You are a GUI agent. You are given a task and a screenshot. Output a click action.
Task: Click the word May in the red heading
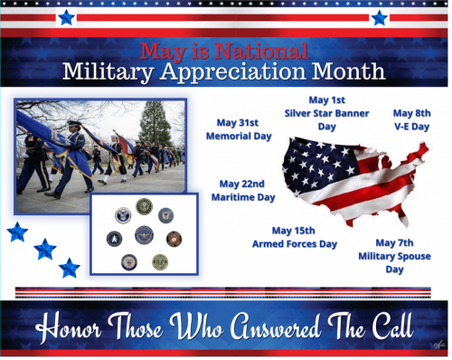(162, 51)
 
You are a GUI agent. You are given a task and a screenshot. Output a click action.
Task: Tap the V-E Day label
(411, 127)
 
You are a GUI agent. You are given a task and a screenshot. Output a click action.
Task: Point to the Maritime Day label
(242, 196)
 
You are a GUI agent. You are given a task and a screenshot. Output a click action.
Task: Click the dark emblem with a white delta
(115, 239)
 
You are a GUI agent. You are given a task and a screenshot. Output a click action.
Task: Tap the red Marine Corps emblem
(174, 239)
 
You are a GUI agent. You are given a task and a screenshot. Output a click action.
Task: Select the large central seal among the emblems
(144, 235)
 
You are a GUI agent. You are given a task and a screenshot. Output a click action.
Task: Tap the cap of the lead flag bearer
(74, 124)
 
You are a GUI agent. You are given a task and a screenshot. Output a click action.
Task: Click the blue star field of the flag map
(312, 163)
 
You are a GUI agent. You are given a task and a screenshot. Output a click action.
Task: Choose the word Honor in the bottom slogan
(77, 324)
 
